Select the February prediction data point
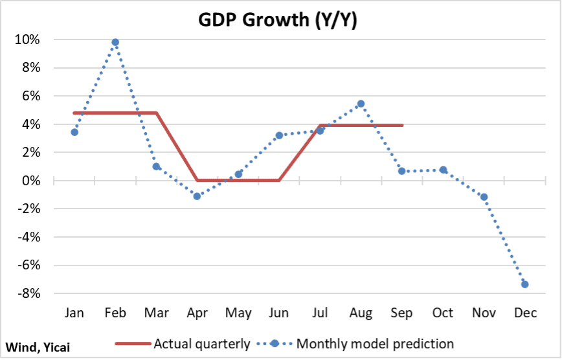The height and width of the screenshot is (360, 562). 115,42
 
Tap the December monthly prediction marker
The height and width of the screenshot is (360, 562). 525,284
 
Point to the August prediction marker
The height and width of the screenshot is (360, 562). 361,104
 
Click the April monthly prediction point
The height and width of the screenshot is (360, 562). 197,196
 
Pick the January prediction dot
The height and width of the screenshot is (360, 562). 74,132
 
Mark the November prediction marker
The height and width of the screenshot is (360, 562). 484,197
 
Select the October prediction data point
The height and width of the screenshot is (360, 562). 443,170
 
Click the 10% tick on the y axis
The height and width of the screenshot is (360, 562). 28,39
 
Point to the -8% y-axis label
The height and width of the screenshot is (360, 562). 28,293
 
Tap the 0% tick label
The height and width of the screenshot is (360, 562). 30,181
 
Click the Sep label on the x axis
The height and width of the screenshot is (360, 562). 401,313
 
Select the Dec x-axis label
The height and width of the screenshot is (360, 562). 525,313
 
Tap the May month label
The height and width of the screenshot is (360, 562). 238,313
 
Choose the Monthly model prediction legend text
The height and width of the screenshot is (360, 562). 375,344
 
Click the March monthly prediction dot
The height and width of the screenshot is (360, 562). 156,166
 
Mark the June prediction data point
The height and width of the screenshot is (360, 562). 279,136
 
